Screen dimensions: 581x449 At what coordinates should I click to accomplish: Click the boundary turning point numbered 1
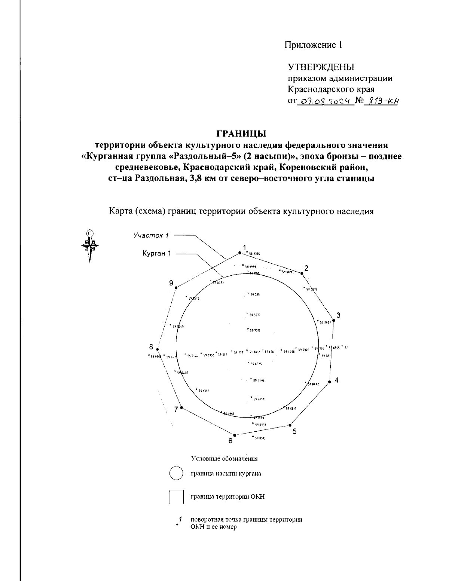pyautogui.click(x=239, y=253)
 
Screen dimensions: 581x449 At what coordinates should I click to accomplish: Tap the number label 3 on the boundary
pyautogui.click(x=338, y=315)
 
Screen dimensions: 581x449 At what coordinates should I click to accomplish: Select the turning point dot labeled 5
pyautogui.click(x=290, y=425)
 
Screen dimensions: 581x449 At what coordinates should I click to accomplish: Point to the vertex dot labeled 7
pyautogui.click(x=181, y=407)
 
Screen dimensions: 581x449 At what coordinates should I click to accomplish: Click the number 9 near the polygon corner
pyautogui.click(x=171, y=283)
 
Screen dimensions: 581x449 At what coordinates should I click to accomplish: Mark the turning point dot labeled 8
pyautogui.click(x=158, y=349)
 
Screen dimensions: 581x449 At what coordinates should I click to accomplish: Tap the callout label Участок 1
pyautogui.click(x=152, y=235)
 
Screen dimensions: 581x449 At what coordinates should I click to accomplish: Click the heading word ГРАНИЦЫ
pyautogui.click(x=241, y=133)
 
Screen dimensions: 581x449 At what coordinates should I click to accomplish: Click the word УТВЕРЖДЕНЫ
pyautogui.click(x=321, y=67)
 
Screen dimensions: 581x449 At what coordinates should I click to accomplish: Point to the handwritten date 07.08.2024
pyautogui.click(x=325, y=101)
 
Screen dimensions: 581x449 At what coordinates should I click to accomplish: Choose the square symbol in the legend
pyautogui.click(x=176, y=497)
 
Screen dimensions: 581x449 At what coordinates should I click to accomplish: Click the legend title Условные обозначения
pyautogui.click(x=224, y=458)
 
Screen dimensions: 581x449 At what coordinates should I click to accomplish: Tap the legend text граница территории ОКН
pyautogui.click(x=228, y=497)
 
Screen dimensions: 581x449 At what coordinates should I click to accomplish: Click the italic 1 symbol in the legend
pyautogui.click(x=180, y=519)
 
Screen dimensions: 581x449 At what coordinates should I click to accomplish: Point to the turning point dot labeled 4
pyautogui.click(x=330, y=382)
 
